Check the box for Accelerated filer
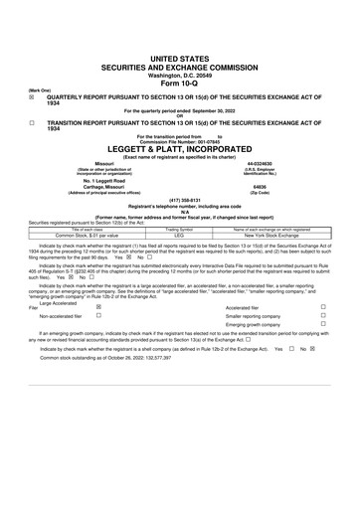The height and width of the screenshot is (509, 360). tap(323, 307)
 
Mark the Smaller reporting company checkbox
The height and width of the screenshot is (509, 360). tap(323, 315)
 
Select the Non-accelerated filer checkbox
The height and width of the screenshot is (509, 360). tap(97, 315)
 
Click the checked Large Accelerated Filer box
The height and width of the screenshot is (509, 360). tap(97, 307)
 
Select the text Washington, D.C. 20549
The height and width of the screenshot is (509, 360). tap(180, 46)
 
